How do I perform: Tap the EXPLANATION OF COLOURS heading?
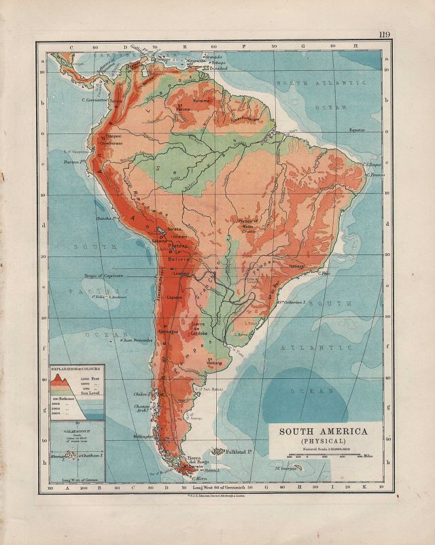tap(75, 367)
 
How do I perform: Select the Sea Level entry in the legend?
tap(89, 394)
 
